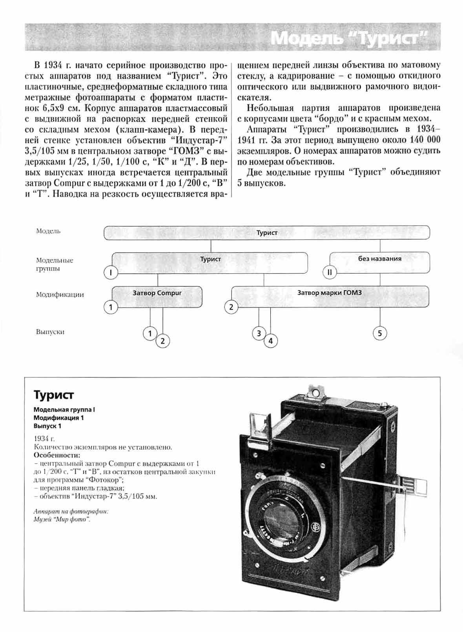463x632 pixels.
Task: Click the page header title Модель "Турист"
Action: (348, 38)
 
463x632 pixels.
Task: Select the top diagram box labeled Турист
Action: (267, 233)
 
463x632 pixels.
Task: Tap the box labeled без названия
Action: (379, 259)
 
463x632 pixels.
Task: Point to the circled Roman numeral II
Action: (330, 272)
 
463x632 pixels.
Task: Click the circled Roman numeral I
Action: (111, 272)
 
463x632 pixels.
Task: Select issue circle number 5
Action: (379, 333)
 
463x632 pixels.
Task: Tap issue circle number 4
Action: (270, 341)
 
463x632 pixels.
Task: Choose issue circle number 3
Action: (259, 333)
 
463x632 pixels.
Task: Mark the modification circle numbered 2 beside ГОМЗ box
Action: (231, 307)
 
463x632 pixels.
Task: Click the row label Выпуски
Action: (50, 332)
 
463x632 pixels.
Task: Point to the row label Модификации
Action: (60, 295)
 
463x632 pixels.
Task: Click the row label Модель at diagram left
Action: (48, 231)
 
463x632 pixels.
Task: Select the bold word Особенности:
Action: (57, 455)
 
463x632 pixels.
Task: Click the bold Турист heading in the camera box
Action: (54, 395)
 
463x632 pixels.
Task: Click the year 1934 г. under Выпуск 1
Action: (44, 439)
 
